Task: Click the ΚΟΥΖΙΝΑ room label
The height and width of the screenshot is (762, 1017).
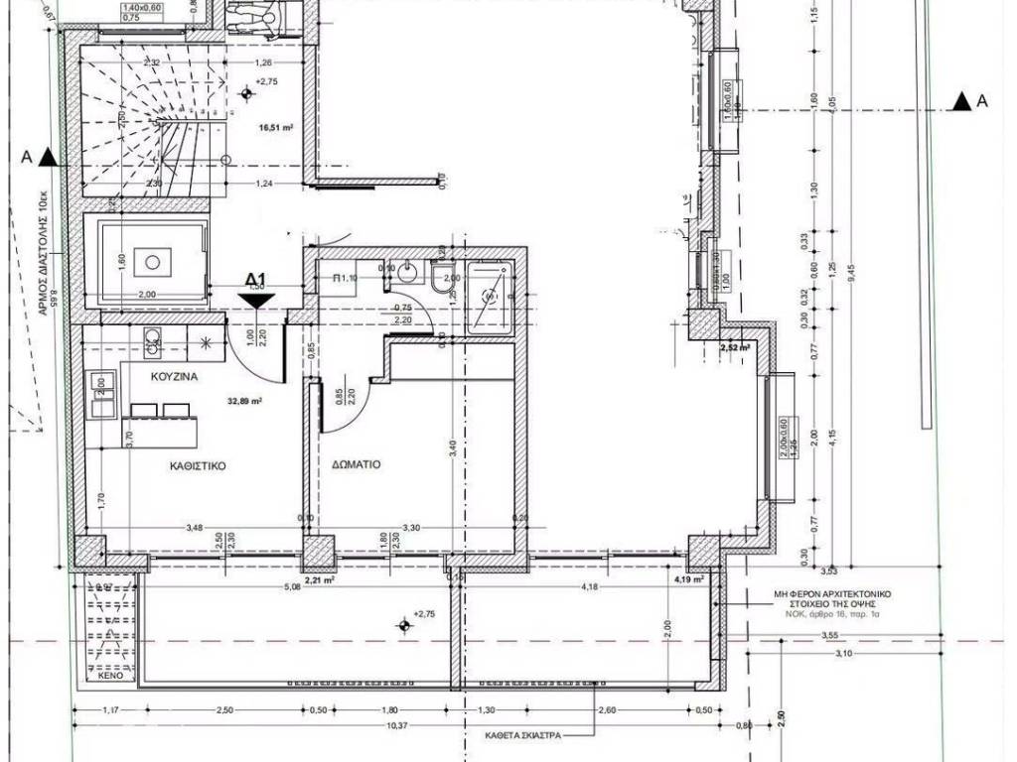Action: [x=176, y=378]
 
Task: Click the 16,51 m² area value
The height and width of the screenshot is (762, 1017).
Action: [x=277, y=127]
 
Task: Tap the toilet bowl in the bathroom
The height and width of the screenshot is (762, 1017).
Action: [x=440, y=282]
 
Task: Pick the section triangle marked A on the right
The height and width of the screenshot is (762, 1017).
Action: [x=960, y=100]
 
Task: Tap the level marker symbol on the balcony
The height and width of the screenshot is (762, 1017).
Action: [x=403, y=624]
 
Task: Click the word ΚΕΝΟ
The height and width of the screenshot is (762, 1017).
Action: [x=110, y=675]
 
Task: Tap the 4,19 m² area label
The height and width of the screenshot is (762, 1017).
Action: [x=688, y=578]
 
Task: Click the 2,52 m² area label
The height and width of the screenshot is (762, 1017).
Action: [x=736, y=348]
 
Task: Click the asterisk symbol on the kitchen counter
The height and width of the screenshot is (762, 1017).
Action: [x=206, y=343]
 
